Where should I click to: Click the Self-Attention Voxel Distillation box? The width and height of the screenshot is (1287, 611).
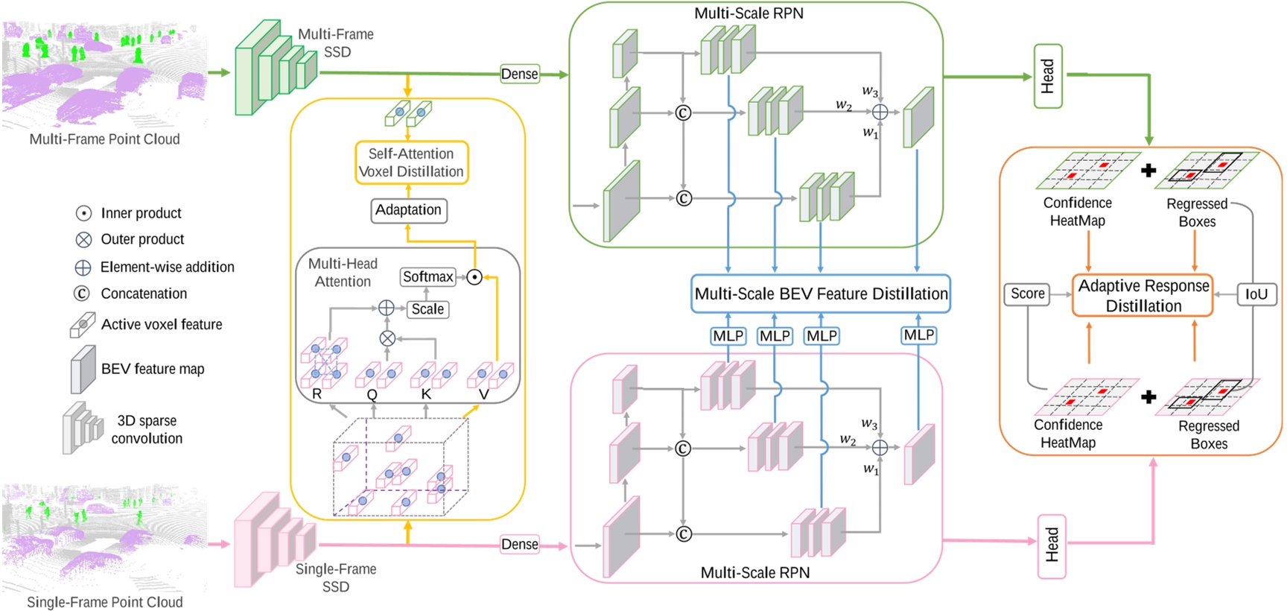point(411,162)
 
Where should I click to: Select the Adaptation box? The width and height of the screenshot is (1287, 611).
point(408,210)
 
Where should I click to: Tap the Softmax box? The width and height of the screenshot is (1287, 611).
point(428,277)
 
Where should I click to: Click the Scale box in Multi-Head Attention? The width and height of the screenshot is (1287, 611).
point(428,309)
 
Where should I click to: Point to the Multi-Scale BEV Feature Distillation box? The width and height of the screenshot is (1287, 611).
point(821,294)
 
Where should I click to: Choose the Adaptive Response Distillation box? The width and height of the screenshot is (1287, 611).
point(1143,296)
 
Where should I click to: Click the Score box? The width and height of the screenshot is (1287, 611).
point(1027,294)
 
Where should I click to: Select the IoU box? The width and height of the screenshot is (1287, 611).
point(1256,294)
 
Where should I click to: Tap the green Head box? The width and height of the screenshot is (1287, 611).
point(1048,76)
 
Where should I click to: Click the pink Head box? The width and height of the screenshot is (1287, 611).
point(1052,545)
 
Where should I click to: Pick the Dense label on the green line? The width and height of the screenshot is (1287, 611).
point(519,74)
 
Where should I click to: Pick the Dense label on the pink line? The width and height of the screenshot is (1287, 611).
point(519,544)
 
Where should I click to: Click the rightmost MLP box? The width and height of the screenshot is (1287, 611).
point(918,335)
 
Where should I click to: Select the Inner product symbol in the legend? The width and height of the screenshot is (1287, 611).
point(83,214)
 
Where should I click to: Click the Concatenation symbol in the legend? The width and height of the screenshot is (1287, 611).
point(82,294)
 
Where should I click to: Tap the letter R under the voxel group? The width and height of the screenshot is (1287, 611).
point(317,394)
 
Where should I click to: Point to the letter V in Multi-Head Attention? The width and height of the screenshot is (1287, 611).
point(483,394)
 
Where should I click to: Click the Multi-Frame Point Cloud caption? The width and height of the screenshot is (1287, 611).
point(104,139)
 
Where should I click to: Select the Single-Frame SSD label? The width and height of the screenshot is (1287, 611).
point(336,577)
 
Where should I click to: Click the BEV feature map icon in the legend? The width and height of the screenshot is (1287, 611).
point(83,369)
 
